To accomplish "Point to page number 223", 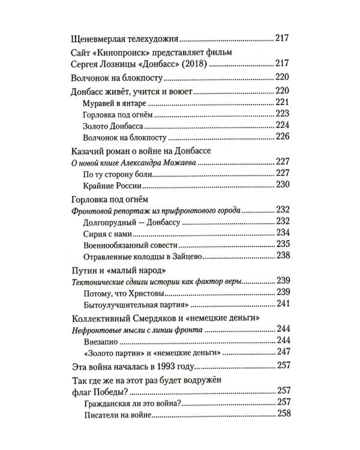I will click(x=283, y=114).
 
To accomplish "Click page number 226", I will click(x=283, y=137).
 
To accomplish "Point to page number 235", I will click(x=283, y=244).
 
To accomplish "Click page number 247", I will click(x=283, y=352).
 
